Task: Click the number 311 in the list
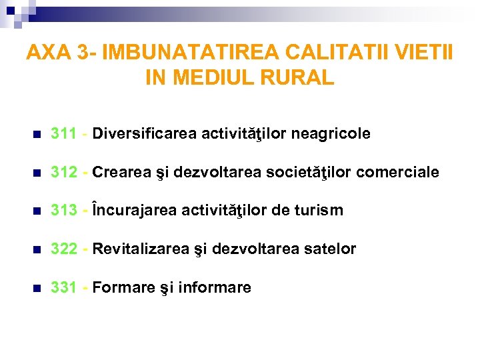[x=63, y=134]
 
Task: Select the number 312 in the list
[x=63, y=173]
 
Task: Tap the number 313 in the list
[x=63, y=211]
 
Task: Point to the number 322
[x=63, y=249]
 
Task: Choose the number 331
[x=63, y=288]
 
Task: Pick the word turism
[x=319, y=211]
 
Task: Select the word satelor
[x=331, y=249]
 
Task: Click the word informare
[x=216, y=288]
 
